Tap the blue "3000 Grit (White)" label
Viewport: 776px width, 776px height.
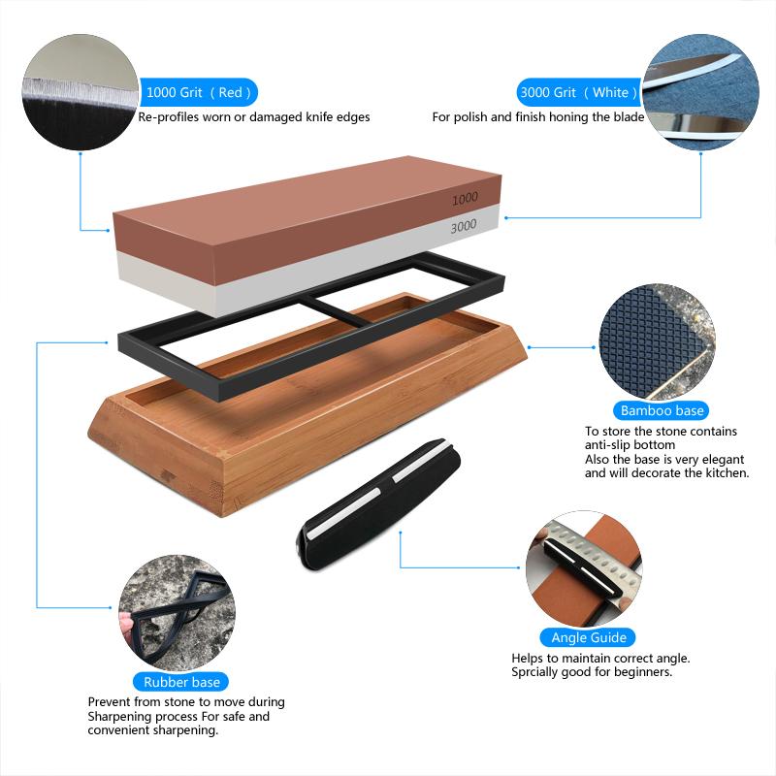tap(579, 93)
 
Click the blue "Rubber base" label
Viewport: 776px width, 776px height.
tap(181, 682)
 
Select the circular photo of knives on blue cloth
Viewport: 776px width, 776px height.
tap(695, 89)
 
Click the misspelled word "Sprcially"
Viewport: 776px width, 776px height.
tap(538, 671)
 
